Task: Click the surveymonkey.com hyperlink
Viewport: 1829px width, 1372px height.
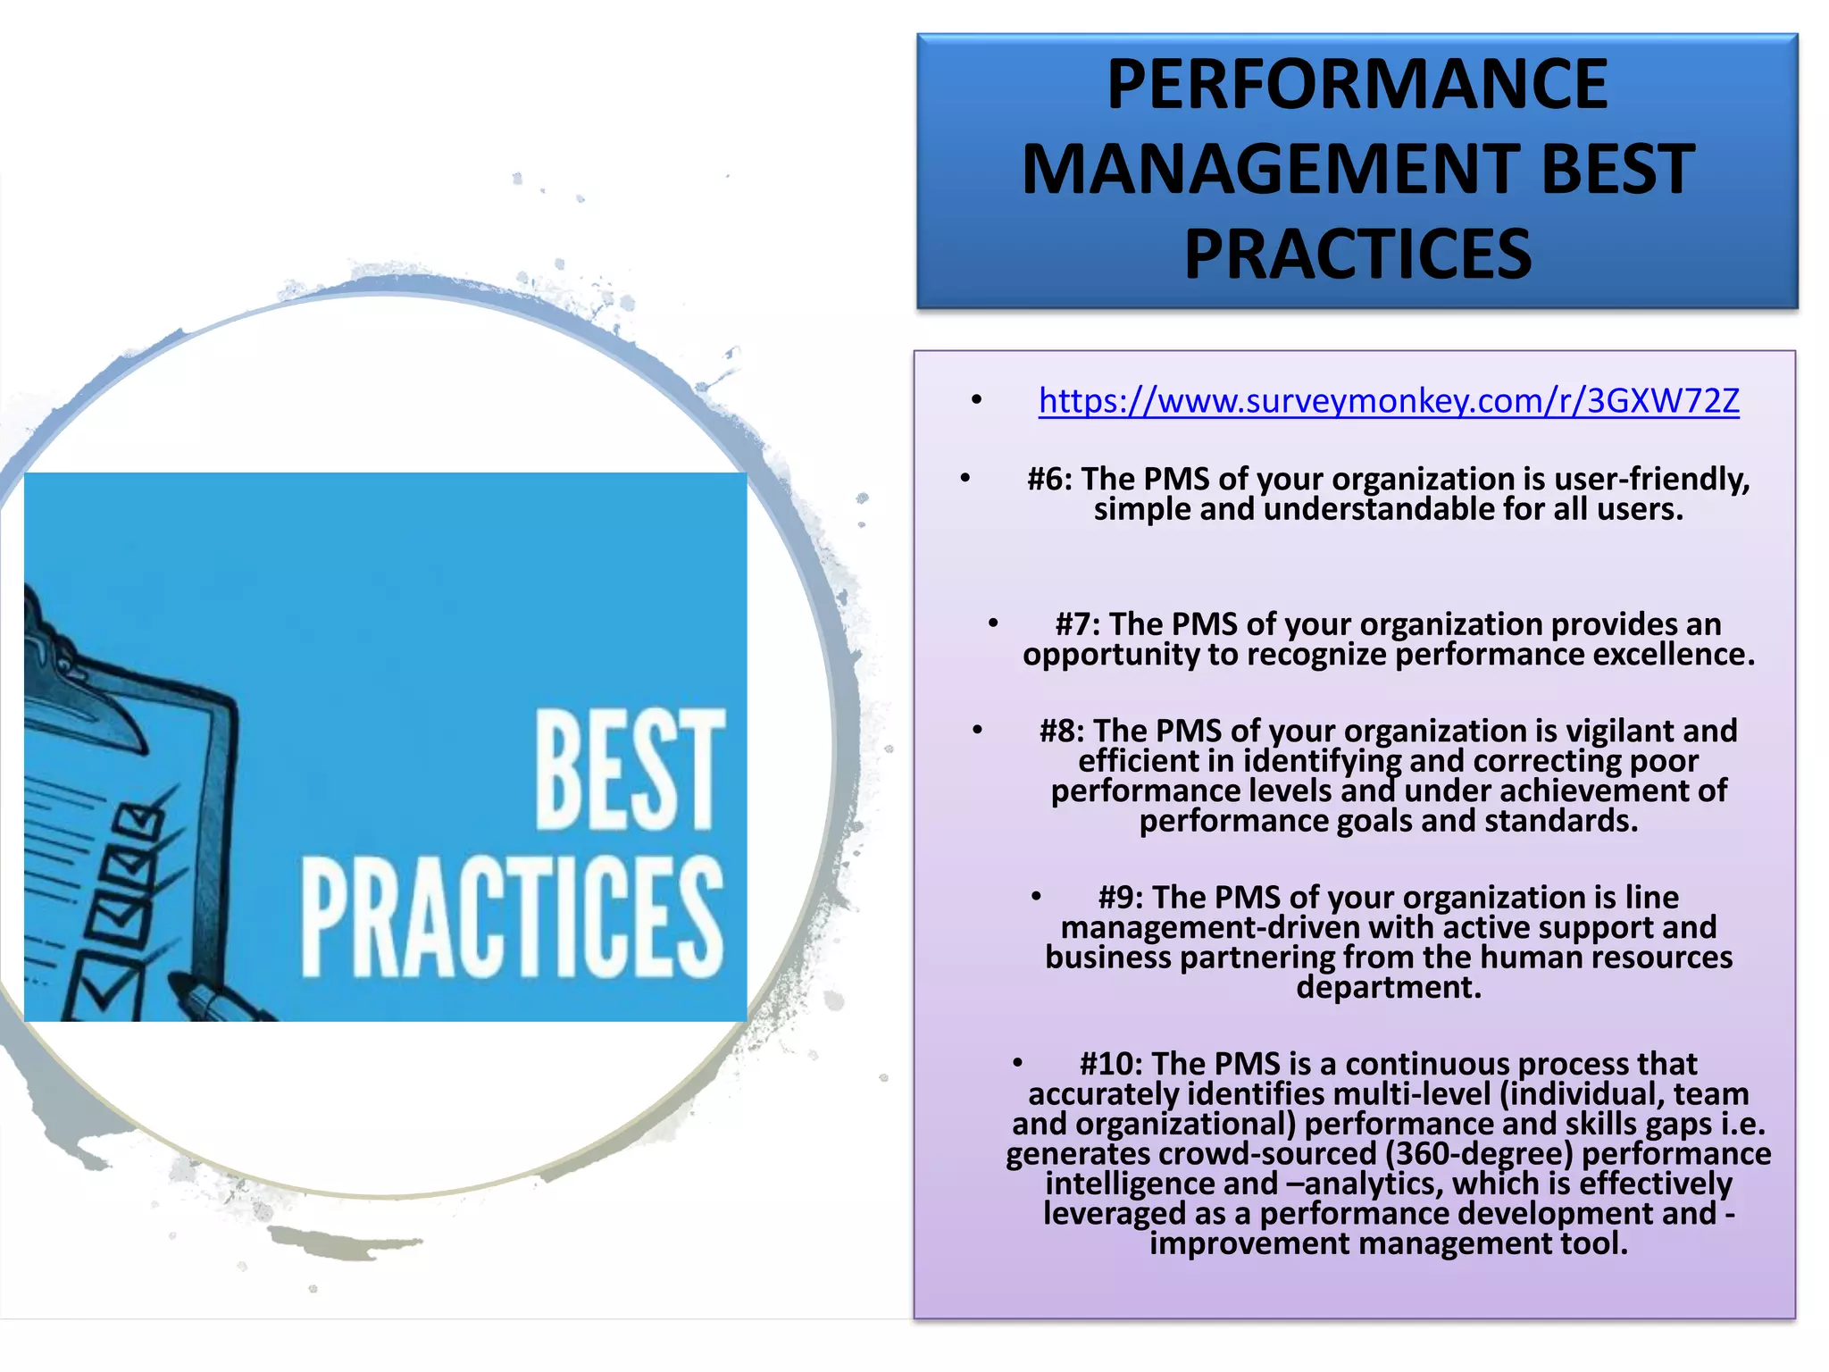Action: (1388, 401)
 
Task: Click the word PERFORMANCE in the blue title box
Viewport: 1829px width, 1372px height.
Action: (1357, 84)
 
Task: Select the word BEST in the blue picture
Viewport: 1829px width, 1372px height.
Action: (630, 769)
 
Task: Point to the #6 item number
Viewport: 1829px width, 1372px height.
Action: (1049, 480)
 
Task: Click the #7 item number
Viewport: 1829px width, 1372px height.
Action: (1077, 624)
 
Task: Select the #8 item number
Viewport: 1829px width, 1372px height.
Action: (1062, 732)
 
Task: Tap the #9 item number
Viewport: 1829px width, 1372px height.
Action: (1121, 898)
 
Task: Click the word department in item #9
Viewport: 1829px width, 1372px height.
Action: (1388, 988)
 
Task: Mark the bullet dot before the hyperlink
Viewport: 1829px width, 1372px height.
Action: (977, 400)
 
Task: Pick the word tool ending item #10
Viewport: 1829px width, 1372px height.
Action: (1592, 1244)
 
